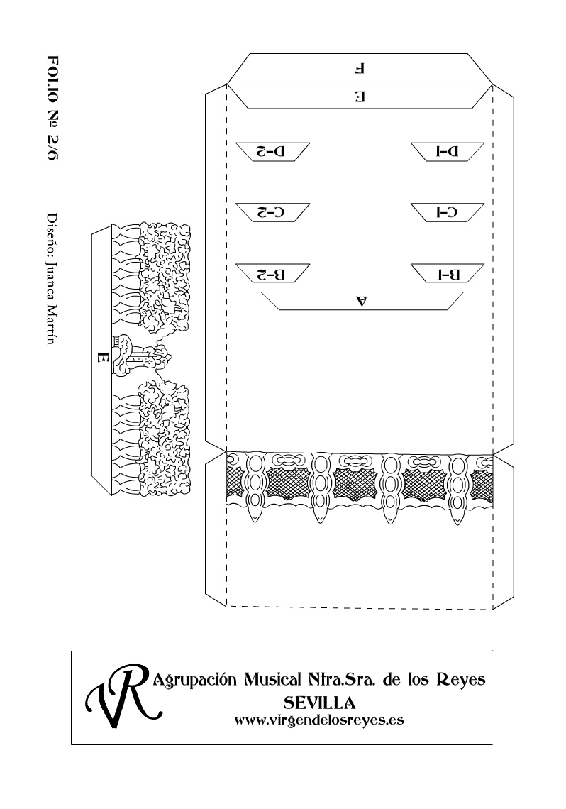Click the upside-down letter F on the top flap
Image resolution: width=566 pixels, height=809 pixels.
[x=360, y=68]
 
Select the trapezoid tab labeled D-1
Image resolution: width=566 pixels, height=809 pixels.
[x=448, y=152]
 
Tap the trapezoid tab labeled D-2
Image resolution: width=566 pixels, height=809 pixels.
[x=272, y=152]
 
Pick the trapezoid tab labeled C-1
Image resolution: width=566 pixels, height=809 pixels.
[x=448, y=213]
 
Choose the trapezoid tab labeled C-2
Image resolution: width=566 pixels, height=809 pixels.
[x=272, y=213]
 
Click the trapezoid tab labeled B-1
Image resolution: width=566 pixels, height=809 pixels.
[x=448, y=273]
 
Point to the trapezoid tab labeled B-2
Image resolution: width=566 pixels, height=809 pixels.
[x=272, y=273]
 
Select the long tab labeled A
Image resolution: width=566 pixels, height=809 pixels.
[x=362, y=301]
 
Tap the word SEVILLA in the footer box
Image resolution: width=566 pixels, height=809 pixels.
[x=320, y=703]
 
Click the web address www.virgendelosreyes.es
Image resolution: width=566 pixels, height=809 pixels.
[x=319, y=720]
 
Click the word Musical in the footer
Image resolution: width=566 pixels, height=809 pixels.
[x=272, y=679]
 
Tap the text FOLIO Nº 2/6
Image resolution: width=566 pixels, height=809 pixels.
[x=52, y=107]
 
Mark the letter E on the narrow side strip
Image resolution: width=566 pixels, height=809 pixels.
[x=102, y=356]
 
